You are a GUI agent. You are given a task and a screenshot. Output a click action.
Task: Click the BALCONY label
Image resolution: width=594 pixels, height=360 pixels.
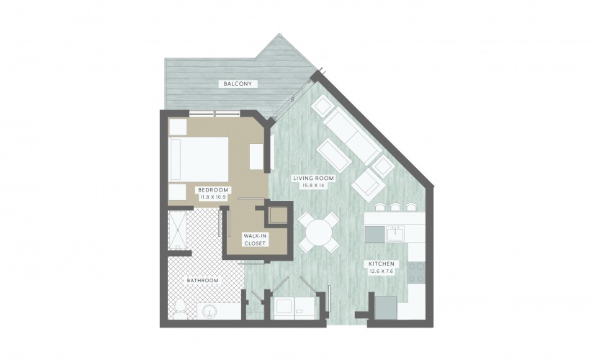[238, 84]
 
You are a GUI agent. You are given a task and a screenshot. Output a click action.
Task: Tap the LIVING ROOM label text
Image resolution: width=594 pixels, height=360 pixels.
[314, 179]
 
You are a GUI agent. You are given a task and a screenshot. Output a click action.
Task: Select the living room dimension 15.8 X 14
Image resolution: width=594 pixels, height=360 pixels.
[314, 185]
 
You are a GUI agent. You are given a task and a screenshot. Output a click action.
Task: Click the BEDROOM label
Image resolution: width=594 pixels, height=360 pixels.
[213, 190]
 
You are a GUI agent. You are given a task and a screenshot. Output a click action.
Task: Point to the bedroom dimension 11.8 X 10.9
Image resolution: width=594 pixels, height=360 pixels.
[213, 197]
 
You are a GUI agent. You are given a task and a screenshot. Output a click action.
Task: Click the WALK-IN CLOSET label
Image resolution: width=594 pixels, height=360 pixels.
[255, 240]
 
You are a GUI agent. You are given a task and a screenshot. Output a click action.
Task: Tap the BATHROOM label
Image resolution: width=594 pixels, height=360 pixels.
[202, 280]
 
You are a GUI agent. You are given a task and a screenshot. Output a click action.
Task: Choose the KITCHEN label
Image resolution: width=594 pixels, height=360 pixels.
[382, 264]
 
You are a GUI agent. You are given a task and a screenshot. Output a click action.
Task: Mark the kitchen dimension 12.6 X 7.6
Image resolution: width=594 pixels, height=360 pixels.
[382, 271]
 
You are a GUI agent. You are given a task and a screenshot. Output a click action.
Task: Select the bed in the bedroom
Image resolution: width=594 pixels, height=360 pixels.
[199, 159]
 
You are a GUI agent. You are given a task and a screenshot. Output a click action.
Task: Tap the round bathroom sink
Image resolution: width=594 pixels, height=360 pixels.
[208, 312]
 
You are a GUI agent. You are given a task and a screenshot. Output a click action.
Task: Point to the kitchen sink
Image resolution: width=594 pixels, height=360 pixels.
[395, 233]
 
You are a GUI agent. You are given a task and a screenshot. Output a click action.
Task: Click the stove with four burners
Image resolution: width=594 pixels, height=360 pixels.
[417, 272]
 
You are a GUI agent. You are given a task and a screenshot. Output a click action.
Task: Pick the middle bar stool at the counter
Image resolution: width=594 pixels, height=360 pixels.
[395, 207]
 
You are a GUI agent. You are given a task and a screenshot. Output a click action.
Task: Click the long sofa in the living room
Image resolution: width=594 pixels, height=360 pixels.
[353, 135]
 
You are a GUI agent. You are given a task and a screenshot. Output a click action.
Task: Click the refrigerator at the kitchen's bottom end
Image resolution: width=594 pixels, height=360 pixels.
[386, 307]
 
